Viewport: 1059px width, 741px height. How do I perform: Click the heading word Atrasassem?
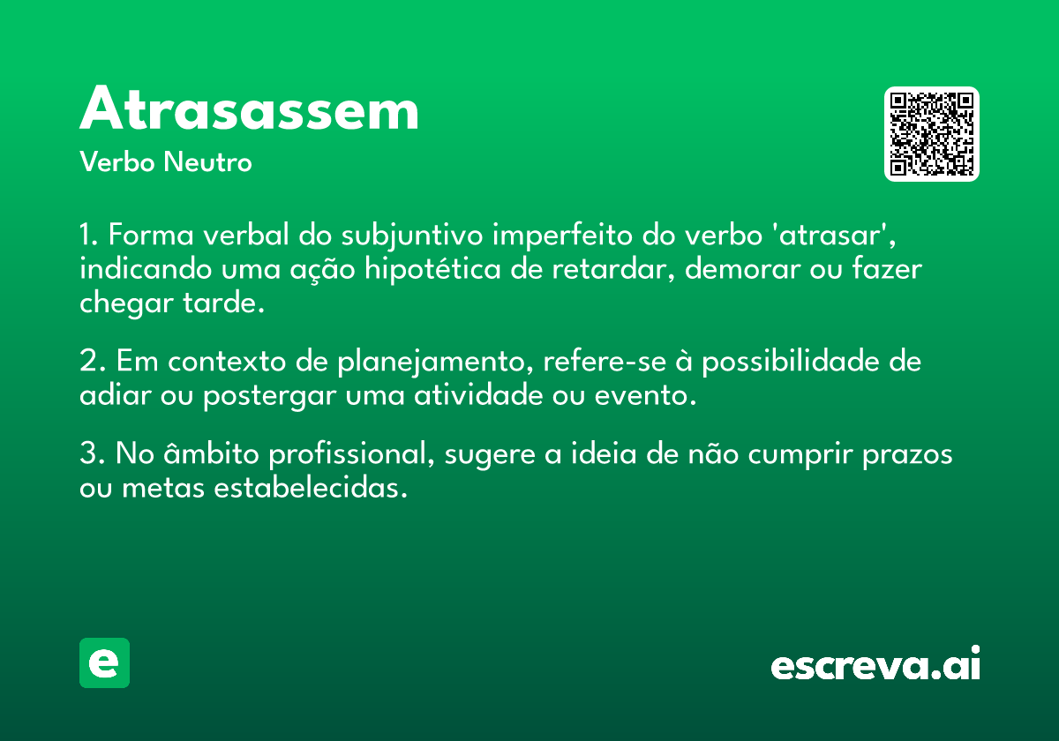(x=249, y=109)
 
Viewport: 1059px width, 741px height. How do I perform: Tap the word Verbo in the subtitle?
(x=117, y=161)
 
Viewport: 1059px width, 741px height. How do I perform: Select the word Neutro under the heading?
(x=207, y=161)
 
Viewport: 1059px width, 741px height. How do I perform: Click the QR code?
(x=931, y=134)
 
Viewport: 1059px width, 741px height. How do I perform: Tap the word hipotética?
(x=432, y=270)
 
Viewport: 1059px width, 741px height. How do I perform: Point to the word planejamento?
(x=432, y=363)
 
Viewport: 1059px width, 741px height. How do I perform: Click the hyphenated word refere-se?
(x=605, y=362)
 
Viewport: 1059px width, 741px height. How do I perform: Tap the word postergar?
(x=269, y=396)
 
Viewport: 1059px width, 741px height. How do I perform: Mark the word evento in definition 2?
(x=640, y=395)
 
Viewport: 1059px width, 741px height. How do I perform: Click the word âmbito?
(x=211, y=453)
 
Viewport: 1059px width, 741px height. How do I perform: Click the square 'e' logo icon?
(x=104, y=662)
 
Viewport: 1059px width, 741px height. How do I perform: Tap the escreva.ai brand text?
(x=875, y=662)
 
